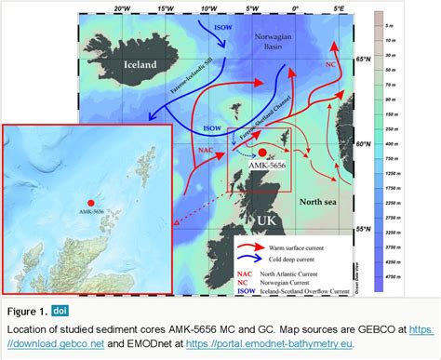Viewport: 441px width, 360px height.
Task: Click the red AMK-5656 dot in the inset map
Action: (x=91, y=203)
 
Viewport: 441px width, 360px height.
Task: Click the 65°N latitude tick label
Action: (x=365, y=59)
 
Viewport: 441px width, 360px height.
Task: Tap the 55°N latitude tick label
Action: (x=365, y=227)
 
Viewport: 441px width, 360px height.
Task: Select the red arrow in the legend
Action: (x=247, y=247)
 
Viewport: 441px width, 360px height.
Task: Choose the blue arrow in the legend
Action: (x=247, y=260)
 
